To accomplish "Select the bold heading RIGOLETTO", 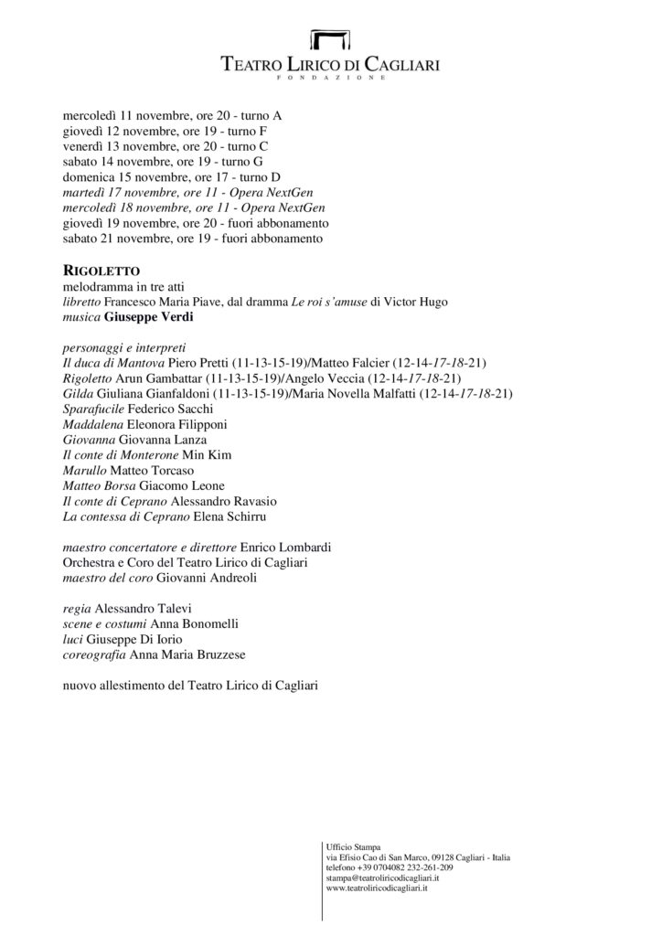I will (x=101, y=271).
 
